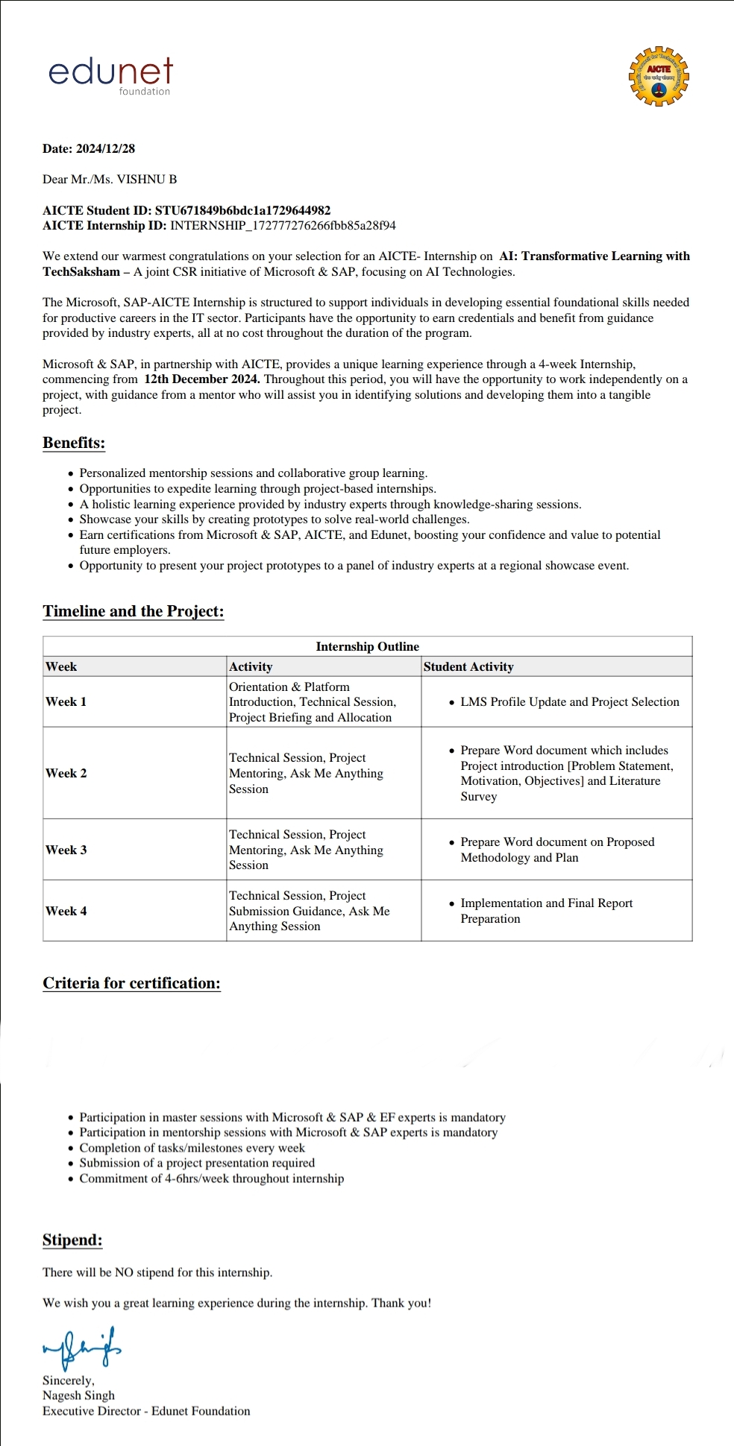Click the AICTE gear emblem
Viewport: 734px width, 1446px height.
(x=658, y=76)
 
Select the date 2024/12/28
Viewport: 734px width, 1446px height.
(x=105, y=149)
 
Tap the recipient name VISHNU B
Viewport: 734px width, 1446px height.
(x=147, y=180)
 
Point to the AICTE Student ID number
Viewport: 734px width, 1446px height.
(x=242, y=211)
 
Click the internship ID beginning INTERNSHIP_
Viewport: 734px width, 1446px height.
(x=283, y=226)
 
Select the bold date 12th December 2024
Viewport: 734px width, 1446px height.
(x=202, y=379)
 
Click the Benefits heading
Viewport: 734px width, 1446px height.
(x=74, y=443)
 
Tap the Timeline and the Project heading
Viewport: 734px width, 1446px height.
(x=133, y=612)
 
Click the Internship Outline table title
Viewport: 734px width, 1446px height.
(x=367, y=647)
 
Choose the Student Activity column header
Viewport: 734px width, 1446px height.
(x=468, y=667)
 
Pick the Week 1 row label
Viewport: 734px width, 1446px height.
(x=66, y=702)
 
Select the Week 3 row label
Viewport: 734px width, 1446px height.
(x=66, y=850)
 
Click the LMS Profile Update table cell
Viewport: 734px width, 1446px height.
(x=569, y=702)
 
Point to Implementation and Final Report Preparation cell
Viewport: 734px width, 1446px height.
(x=546, y=911)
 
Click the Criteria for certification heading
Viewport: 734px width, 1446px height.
(x=131, y=983)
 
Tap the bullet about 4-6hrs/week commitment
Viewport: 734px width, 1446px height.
(x=211, y=1179)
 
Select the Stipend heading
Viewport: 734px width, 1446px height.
(x=72, y=1240)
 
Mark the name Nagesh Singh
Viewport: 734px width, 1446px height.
(x=78, y=1396)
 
